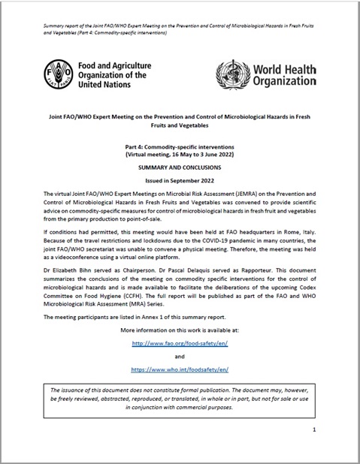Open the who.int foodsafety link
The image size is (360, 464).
point(180,370)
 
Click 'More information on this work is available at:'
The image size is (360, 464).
point(180,331)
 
